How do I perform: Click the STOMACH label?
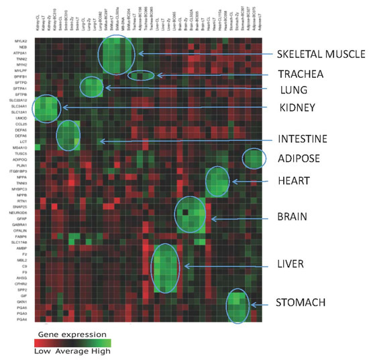tap(301, 303)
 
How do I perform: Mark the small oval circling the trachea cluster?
tap(141, 75)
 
